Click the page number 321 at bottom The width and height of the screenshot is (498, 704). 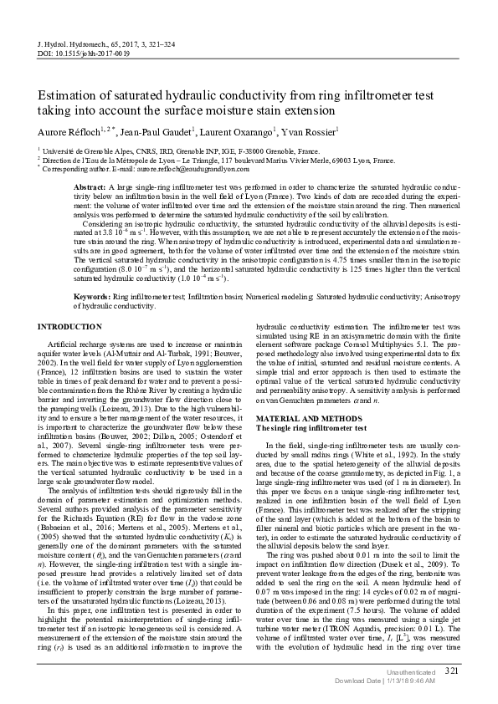pos(452,671)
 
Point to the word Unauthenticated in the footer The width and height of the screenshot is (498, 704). pos(411,671)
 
